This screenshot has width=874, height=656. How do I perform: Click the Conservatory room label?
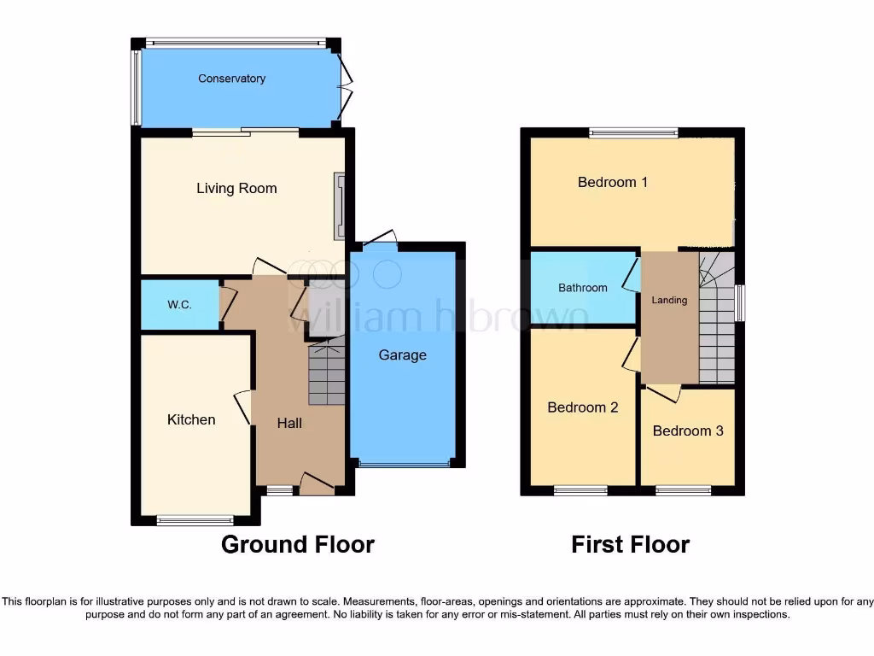231,79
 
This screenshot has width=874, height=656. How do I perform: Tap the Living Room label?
236,189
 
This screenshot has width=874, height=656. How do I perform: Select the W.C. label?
179,304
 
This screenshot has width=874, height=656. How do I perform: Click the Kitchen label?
191,419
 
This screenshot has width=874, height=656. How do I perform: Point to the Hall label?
289,423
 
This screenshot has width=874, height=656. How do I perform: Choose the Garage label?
402,355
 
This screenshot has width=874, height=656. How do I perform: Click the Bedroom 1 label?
613,182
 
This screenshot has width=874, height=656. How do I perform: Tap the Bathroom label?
583,288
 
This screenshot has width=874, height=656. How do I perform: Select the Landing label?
669,300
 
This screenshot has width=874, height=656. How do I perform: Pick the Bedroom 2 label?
583,407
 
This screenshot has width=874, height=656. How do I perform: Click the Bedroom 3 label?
688,430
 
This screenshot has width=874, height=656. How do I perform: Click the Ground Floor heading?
298,544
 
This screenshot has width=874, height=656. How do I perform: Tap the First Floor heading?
630,544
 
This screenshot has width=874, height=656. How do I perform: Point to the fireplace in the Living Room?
341,206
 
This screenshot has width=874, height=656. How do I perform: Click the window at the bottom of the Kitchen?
195,519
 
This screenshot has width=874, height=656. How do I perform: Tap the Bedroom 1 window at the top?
633,132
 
